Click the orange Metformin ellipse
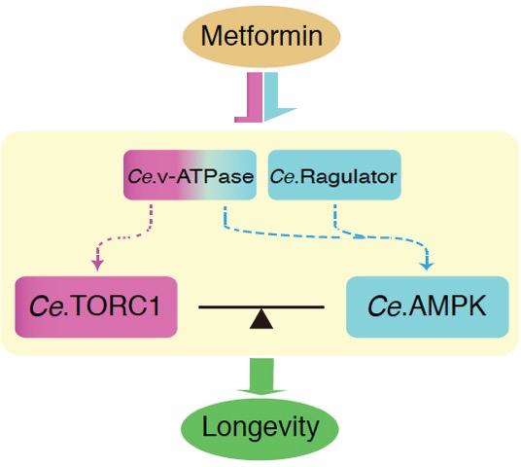(x=261, y=37)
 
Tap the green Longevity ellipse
(x=260, y=428)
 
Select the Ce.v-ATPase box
(x=191, y=175)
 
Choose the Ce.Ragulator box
(x=334, y=175)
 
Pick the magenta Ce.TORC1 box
(x=96, y=306)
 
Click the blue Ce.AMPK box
(x=428, y=306)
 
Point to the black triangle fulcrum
(x=261, y=319)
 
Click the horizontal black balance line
(x=261, y=307)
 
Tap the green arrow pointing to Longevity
(x=261, y=377)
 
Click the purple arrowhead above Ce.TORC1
(x=97, y=265)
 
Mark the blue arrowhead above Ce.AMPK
(x=427, y=265)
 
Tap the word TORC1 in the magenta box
(x=115, y=306)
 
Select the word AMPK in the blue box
(x=447, y=306)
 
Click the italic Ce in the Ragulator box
(x=283, y=176)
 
